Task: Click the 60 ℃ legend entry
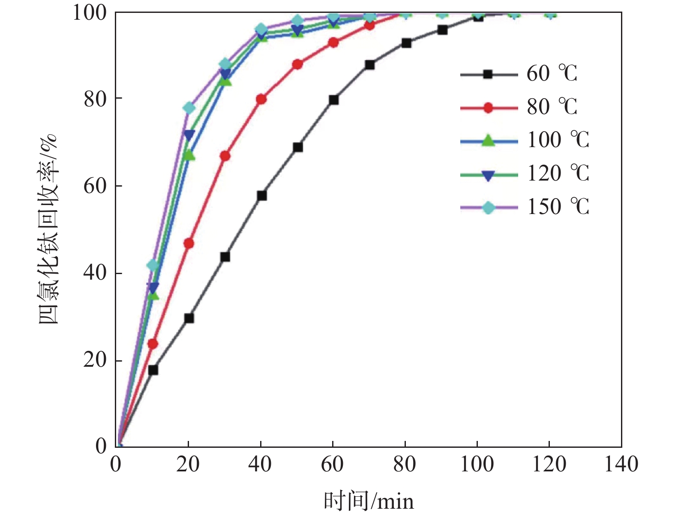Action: tap(519, 74)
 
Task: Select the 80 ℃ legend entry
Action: tap(519, 107)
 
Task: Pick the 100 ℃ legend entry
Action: tap(525, 141)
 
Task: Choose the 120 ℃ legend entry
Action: tap(525, 174)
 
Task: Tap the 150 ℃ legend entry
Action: tap(525, 208)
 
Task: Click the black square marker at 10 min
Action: tap(153, 370)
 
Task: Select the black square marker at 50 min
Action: tap(297, 148)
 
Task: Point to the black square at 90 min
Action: tap(442, 30)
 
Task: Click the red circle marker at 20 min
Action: tap(189, 244)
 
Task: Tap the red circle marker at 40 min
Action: tap(261, 100)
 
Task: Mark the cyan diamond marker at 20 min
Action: tap(189, 108)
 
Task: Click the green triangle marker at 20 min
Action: tap(189, 155)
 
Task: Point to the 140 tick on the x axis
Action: tap(621, 465)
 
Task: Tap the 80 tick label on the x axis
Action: tap(405, 465)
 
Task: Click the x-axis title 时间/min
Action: tap(369, 501)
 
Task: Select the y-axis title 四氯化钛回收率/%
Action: tap(48, 229)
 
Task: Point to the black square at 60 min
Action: tap(333, 100)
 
